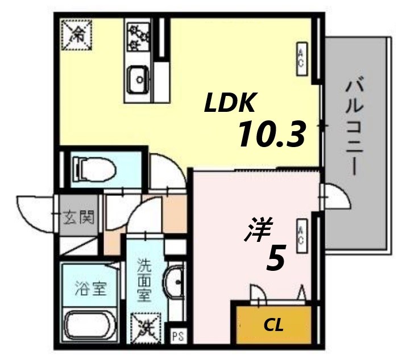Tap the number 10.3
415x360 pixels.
pyautogui.click(x=271, y=135)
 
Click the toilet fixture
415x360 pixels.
pyautogui.click(x=94, y=169)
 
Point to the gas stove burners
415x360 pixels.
pyautogui.click(x=138, y=35)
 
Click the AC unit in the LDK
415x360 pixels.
pyautogui.click(x=301, y=58)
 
